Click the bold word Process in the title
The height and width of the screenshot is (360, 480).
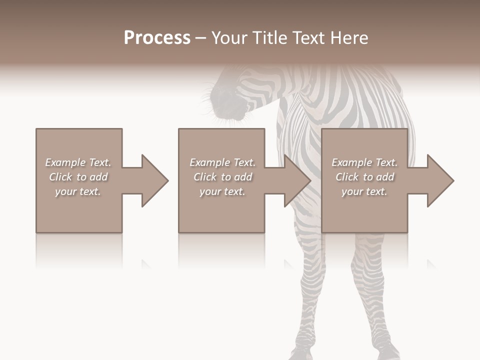(x=157, y=38)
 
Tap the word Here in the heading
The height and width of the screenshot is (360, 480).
(x=350, y=38)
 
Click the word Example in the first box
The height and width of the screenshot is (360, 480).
(x=65, y=162)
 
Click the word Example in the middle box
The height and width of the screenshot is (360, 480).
(x=210, y=162)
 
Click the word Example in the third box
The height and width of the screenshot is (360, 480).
(x=352, y=162)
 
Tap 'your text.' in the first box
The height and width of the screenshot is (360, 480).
(x=78, y=191)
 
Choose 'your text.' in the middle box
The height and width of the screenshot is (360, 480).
(x=222, y=191)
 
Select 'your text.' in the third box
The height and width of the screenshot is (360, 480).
(x=364, y=191)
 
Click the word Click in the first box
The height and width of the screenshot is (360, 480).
(x=60, y=177)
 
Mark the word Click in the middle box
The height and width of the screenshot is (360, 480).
(x=205, y=177)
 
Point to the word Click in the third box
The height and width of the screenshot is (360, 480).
(x=347, y=177)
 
